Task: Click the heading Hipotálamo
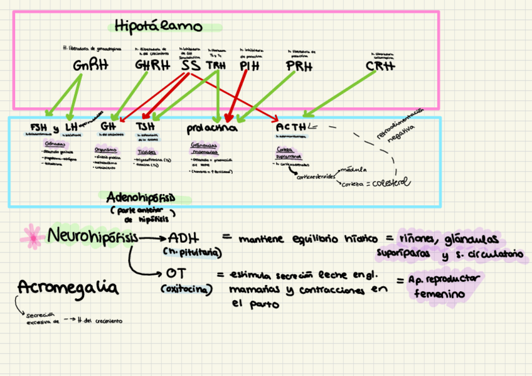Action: coord(159,26)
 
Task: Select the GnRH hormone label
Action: coord(86,65)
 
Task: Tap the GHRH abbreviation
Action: coord(152,65)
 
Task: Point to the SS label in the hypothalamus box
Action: coord(190,65)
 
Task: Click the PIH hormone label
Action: coord(249,65)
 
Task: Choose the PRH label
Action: coord(299,65)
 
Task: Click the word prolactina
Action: coord(212,128)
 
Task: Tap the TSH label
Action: coord(146,127)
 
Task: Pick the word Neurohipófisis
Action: coord(92,237)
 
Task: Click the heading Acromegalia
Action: coord(68,288)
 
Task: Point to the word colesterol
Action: coord(390,183)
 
